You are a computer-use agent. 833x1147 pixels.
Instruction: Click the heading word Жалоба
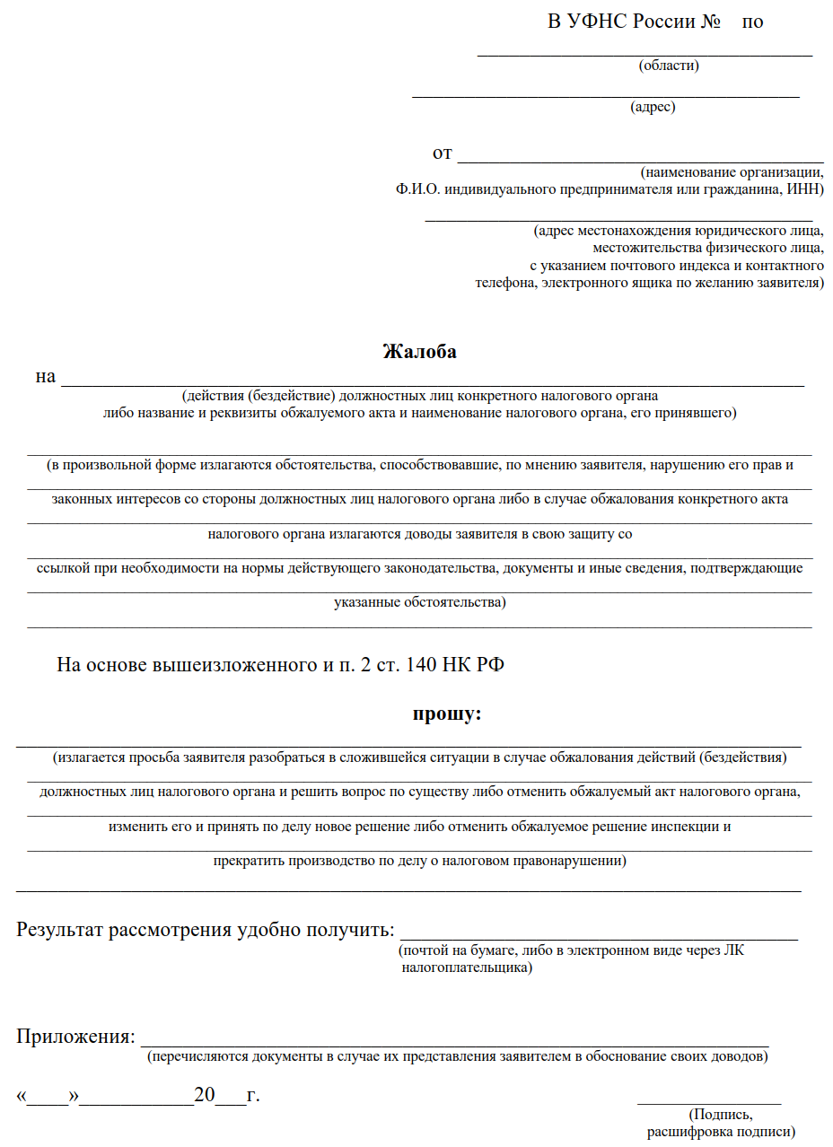point(419,352)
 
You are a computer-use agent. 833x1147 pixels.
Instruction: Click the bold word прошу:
point(447,714)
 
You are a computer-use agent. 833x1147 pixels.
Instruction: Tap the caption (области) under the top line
point(669,66)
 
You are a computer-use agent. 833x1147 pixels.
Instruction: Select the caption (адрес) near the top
point(653,108)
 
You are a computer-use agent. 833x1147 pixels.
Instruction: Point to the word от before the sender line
point(442,153)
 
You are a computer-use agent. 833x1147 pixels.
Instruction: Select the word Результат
point(60,930)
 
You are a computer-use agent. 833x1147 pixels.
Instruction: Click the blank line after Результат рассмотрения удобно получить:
point(598,937)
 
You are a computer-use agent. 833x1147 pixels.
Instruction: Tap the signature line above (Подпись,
point(708,1100)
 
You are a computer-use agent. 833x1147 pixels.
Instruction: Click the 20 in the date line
point(205,1096)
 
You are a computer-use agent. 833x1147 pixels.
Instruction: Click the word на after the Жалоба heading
point(46,377)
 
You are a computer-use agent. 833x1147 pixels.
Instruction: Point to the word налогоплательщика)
point(466,968)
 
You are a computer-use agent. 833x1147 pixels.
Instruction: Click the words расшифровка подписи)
point(721,1132)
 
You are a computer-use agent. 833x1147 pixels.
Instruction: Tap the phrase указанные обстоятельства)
point(419,602)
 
